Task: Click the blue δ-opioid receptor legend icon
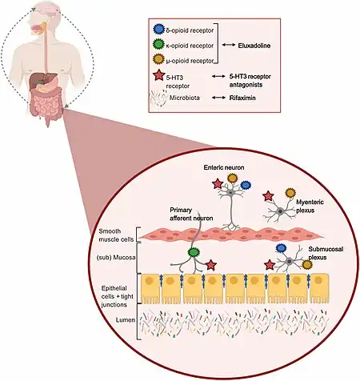tap(158, 30)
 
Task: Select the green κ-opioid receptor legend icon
tap(158, 44)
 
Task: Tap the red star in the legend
tap(159, 75)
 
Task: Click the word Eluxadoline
tap(254, 46)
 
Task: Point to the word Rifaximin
tap(242, 98)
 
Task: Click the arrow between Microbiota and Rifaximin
tap(218, 98)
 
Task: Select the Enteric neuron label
tap(224, 167)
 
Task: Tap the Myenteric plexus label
tap(310, 207)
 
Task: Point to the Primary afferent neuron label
tap(191, 215)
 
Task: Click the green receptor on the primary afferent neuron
tap(193, 252)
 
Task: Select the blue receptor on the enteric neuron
tap(246, 185)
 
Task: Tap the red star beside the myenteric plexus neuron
tap(268, 196)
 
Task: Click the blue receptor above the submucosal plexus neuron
tap(281, 248)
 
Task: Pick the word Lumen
tap(126, 319)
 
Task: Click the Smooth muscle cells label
tap(116, 235)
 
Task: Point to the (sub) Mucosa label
tap(116, 258)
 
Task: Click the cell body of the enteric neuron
tap(230, 192)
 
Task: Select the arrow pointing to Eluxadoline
tap(229, 46)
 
